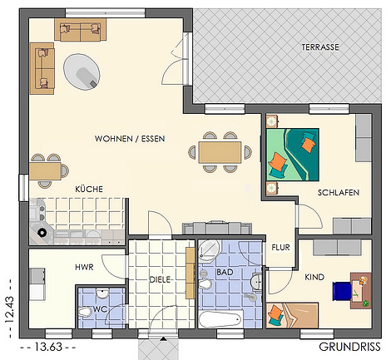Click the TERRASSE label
click(x=320, y=47)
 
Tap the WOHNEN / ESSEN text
click(x=130, y=139)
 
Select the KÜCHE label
click(x=89, y=189)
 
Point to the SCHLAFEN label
click(x=339, y=193)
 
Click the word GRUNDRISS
click(x=349, y=347)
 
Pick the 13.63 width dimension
click(x=48, y=347)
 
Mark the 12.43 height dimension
click(x=9, y=309)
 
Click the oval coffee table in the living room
click(x=82, y=72)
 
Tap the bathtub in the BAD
click(x=220, y=318)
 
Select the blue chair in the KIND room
click(x=342, y=291)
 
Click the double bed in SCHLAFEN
click(x=292, y=155)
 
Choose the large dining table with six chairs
click(x=220, y=152)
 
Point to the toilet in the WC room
click(x=85, y=313)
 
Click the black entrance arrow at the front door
click(x=163, y=338)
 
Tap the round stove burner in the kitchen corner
click(x=42, y=233)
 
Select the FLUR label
click(x=280, y=247)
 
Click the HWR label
click(x=84, y=268)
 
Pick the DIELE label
click(x=160, y=279)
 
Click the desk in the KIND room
click(x=360, y=291)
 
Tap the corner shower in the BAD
click(x=209, y=251)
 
